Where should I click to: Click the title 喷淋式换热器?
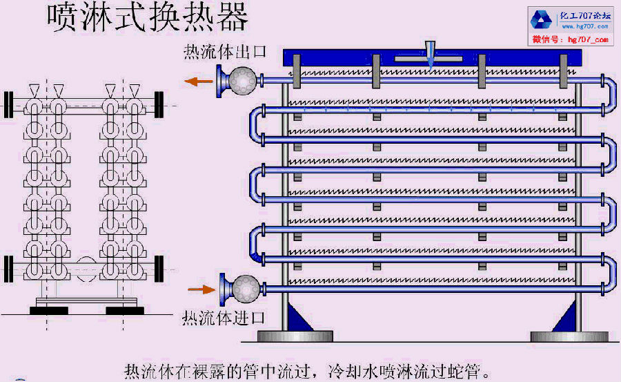pos(147,18)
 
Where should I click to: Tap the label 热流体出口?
pos(224,53)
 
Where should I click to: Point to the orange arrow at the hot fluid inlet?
pos(201,289)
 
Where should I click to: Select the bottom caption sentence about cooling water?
pos(306,370)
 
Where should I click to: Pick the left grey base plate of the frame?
pos(295,337)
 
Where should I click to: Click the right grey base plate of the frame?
pos(569,337)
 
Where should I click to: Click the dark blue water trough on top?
pos(431,61)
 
